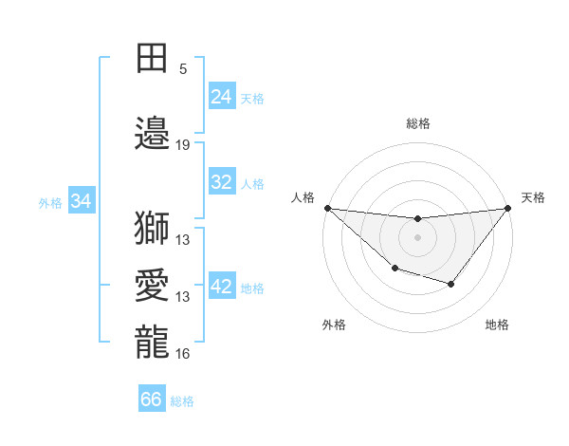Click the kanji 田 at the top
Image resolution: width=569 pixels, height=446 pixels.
[152, 57]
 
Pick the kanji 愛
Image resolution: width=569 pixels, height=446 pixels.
[152, 285]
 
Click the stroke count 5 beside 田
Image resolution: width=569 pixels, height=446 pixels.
[183, 69]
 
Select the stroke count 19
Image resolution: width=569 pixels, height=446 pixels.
[183, 145]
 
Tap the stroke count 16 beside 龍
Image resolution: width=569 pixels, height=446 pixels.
[183, 354]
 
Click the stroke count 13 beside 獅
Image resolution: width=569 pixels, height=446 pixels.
[183, 240]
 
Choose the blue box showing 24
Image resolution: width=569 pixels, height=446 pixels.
[222, 97]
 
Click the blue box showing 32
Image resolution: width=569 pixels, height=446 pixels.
[222, 182]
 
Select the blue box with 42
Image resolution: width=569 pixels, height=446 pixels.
[222, 287]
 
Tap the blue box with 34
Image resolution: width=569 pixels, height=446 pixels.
[82, 201]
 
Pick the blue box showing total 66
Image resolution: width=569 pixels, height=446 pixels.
[152, 400]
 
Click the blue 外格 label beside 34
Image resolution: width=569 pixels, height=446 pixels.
[50, 202]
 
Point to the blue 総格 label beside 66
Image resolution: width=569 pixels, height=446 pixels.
[183, 401]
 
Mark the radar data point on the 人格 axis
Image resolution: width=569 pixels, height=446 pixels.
[327, 208]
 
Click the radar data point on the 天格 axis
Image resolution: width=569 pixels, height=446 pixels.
[507, 208]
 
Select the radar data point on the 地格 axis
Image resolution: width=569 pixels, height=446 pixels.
[451, 284]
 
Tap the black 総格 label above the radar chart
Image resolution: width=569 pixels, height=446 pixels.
[417, 123]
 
